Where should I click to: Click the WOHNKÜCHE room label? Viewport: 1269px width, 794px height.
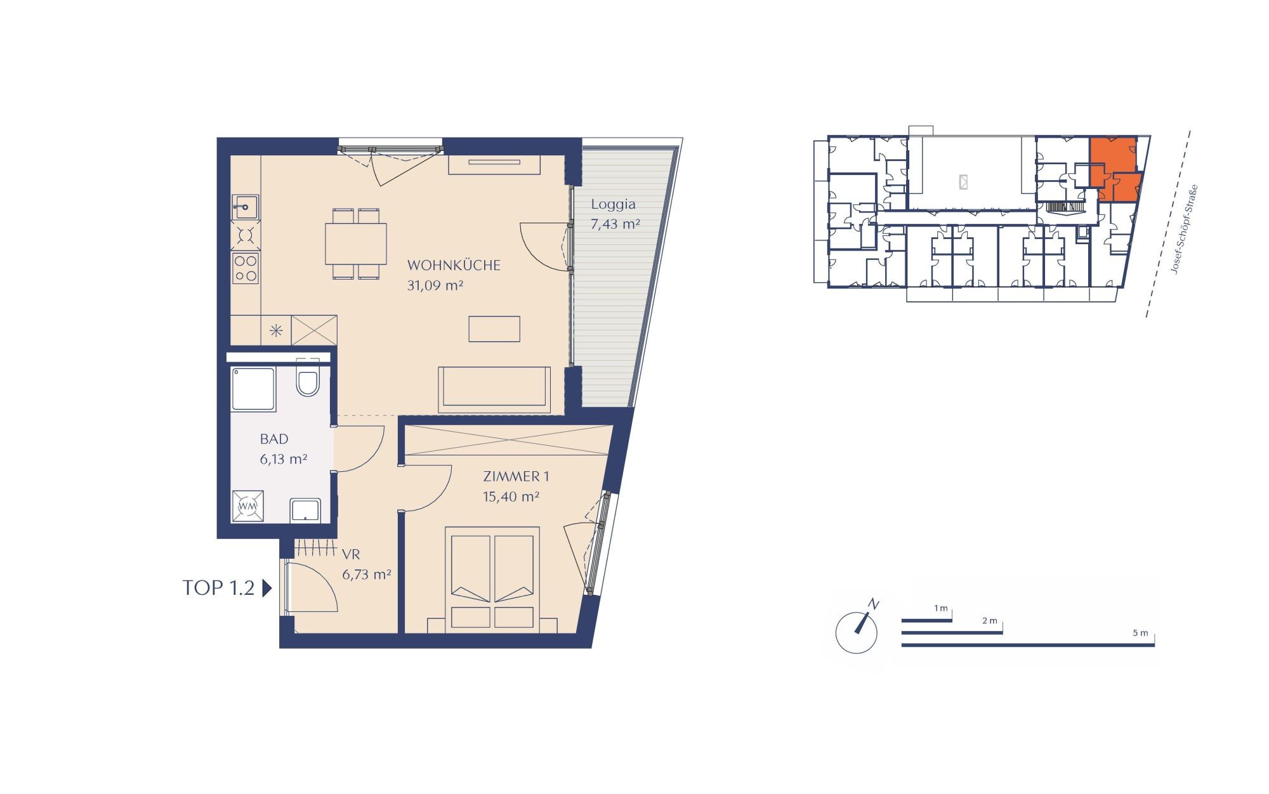coord(454,265)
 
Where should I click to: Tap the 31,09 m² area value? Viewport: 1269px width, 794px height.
coord(435,285)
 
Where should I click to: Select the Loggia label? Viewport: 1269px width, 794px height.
coord(613,204)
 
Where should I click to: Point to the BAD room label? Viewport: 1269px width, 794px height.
coord(274,439)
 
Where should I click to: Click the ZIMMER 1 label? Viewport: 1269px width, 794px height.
coord(516,476)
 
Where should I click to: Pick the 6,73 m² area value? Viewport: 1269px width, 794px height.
coord(367,575)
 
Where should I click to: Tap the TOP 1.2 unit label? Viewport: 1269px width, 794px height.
coord(219,588)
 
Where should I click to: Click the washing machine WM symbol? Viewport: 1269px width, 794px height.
coord(247,506)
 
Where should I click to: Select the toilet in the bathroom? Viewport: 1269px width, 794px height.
coord(308,378)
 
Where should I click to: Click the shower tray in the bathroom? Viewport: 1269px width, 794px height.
coord(254,389)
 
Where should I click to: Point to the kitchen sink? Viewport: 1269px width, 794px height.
coord(245,207)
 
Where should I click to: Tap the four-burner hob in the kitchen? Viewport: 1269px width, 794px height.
coord(245,268)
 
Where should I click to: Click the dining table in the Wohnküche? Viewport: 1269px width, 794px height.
coord(356,244)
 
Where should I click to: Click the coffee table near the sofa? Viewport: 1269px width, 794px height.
coord(494,329)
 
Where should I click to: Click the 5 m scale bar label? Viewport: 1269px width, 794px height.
coord(1140,633)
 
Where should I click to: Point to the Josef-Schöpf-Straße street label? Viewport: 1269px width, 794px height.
coord(1184,230)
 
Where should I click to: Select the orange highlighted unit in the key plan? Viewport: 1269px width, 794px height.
coord(1114,168)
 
